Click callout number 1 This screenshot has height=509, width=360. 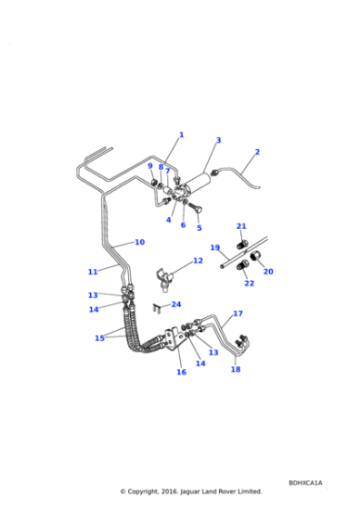[x=182, y=135]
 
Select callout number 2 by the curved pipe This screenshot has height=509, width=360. [x=257, y=152]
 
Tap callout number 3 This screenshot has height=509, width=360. [x=218, y=140]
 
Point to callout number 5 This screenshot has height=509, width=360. [x=199, y=228]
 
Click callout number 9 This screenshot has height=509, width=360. [x=150, y=165]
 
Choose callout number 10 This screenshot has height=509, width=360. [x=140, y=242]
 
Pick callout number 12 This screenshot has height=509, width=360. [x=198, y=261]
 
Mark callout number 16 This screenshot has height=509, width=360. [x=182, y=372]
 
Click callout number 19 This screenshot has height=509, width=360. [x=215, y=247]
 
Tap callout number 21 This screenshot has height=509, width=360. [x=241, y=226]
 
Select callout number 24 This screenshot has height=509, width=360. [x=176, y=304]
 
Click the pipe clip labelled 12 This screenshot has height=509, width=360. [x=164, y=278]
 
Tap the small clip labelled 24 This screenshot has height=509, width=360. [x=156, y=307]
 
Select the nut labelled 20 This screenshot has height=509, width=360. [x=255, y=256]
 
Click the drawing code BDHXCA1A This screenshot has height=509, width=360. [x=305, y=483]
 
